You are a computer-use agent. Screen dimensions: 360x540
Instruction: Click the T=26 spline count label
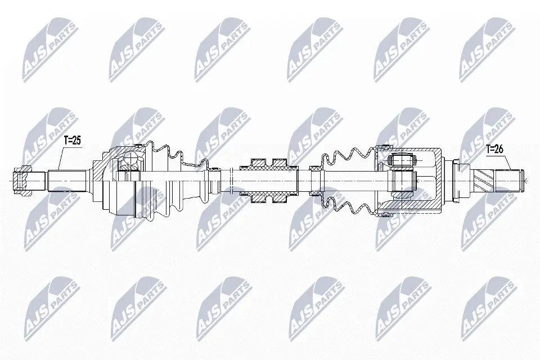pyautogui.click(x=495, y=149)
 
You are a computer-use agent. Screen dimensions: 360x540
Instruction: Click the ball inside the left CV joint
pyautogui.click(x=130, y=163)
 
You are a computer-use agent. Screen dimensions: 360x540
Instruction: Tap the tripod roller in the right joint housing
pyautogui.click(x=402, y=161)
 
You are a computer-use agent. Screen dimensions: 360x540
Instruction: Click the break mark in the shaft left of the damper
pyautogui.click(x=231, y=180)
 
